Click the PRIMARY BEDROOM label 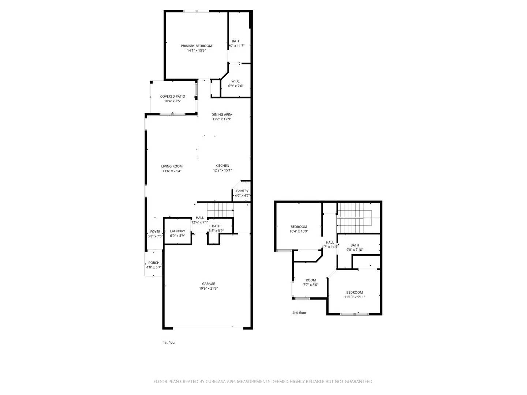click(x=196, y=46)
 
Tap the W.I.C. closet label click(x=236, y=81)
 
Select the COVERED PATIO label click(x=172, y=97)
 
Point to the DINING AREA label click(x=222, y=114)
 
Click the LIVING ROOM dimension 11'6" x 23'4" click(x=172, y=171)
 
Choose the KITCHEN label click(x=222, y=166)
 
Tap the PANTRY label click(x=242, y=191)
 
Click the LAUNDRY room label click(x=177, y=231)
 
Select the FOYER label click(x=155, y=232)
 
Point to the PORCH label click(x=154, y=263)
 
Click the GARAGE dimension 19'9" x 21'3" click(x=209, y=289)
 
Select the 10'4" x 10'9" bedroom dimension click(x=299, y=232)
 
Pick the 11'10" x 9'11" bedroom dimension click(x=354, y=297)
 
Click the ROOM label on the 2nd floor click(x=311, y=280)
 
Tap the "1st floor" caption click(x=169, y=343)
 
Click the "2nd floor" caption click(x=299, y=313)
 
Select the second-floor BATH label click(x=355, y=245)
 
